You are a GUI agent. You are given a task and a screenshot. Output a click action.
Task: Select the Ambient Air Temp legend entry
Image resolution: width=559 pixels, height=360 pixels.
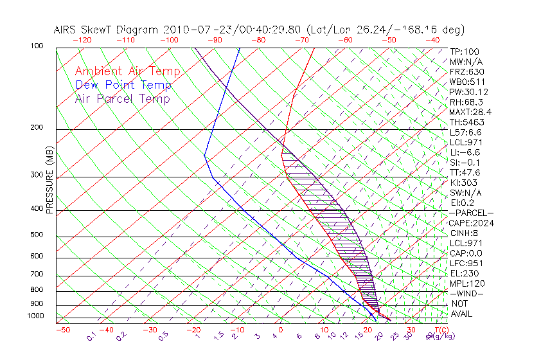128,71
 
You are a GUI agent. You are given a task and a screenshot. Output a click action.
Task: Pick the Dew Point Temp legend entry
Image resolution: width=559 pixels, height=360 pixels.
123,85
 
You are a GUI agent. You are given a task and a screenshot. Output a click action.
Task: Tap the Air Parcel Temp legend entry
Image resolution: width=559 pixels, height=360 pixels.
123,98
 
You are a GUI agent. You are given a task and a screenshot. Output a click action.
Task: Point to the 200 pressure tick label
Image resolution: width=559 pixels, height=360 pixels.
37,127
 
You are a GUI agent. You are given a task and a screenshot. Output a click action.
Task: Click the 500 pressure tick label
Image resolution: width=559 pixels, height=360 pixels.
37,235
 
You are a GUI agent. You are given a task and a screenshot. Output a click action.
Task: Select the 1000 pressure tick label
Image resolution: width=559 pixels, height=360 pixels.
35,316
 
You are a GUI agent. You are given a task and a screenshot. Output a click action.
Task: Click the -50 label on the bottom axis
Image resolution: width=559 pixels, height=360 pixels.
62,330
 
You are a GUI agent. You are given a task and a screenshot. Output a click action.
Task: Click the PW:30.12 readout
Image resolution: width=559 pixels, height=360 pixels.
465,92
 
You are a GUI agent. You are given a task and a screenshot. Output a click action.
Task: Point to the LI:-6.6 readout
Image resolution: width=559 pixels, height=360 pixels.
463,152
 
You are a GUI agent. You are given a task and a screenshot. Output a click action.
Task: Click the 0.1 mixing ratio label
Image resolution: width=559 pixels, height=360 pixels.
92,336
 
